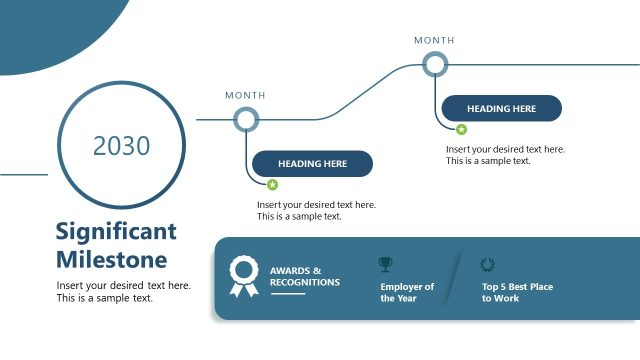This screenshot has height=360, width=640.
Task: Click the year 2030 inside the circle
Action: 121,146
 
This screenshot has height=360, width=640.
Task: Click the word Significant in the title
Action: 116,232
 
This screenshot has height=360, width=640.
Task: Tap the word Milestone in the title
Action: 111,260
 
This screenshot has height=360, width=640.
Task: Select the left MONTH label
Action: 245,96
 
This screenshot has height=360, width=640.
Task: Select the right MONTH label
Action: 434,41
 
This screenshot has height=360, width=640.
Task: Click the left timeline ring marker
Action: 246,120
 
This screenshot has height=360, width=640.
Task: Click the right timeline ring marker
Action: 435,65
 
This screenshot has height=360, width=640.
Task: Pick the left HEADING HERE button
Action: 312,164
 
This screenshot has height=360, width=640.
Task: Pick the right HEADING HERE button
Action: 501,109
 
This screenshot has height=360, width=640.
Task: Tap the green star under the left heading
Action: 272,185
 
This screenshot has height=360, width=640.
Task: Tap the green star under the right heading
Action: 461,130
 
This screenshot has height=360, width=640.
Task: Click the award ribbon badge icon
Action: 244,276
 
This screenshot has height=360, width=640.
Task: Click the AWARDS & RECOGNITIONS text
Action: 304,276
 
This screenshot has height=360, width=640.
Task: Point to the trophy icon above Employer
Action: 386,265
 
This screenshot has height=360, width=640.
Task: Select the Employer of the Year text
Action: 407,292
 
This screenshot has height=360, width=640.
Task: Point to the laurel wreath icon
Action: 488,265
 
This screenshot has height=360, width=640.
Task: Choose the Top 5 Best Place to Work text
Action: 517,292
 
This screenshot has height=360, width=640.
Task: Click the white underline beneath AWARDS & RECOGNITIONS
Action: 287,294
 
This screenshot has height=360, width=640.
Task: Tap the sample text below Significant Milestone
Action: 123,292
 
